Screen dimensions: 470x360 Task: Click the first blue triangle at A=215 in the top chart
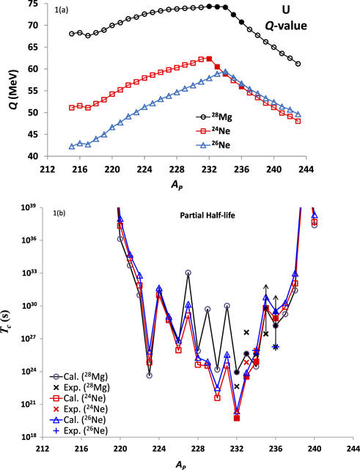(72, 147)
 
